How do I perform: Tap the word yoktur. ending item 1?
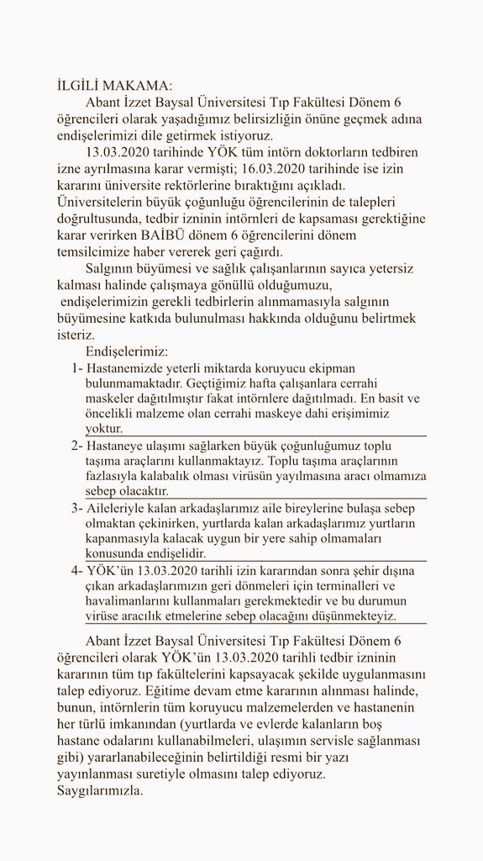click(103, 429)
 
